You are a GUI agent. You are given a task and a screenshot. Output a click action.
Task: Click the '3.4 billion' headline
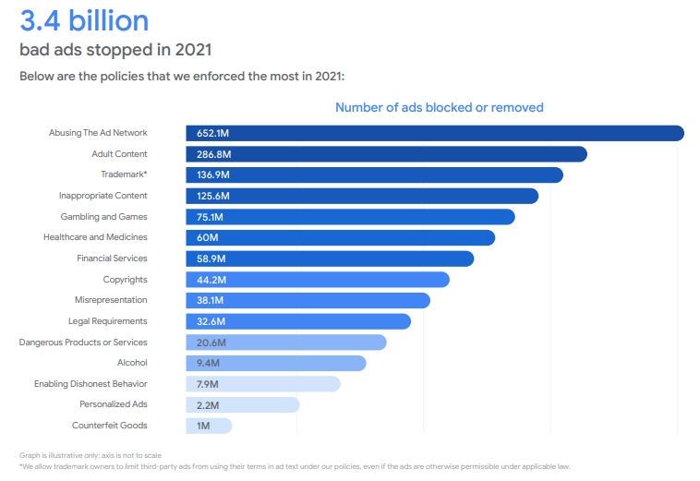pos(84,19)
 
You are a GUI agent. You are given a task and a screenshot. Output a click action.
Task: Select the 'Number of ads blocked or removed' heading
pos(439,108)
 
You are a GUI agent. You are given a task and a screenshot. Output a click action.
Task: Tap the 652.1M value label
pos(212,134)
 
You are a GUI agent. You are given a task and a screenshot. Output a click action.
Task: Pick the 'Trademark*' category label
pos(124,174)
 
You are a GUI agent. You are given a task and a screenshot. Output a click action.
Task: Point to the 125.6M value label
pos(212,196)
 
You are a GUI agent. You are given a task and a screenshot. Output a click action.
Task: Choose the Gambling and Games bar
pos(350,217)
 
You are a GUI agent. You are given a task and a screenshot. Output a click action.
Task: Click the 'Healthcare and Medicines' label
pos(95,237)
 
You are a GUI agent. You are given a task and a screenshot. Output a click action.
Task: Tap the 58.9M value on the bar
pos(211,259)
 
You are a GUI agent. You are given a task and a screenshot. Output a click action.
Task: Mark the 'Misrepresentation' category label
pos(111,300)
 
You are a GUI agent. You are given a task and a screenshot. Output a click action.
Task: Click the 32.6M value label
pos(211,321)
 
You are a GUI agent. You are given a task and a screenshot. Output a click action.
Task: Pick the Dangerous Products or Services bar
pos(285,343)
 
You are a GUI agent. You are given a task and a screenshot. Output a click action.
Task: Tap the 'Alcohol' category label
pos(132,363)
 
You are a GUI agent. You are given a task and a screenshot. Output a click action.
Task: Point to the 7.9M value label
pos(208,384)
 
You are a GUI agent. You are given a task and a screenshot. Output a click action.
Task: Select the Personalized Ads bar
pos(242,404)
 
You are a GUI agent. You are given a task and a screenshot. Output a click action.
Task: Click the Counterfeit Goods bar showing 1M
pos(209,426)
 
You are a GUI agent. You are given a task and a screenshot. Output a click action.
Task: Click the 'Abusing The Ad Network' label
pos(98,133)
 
